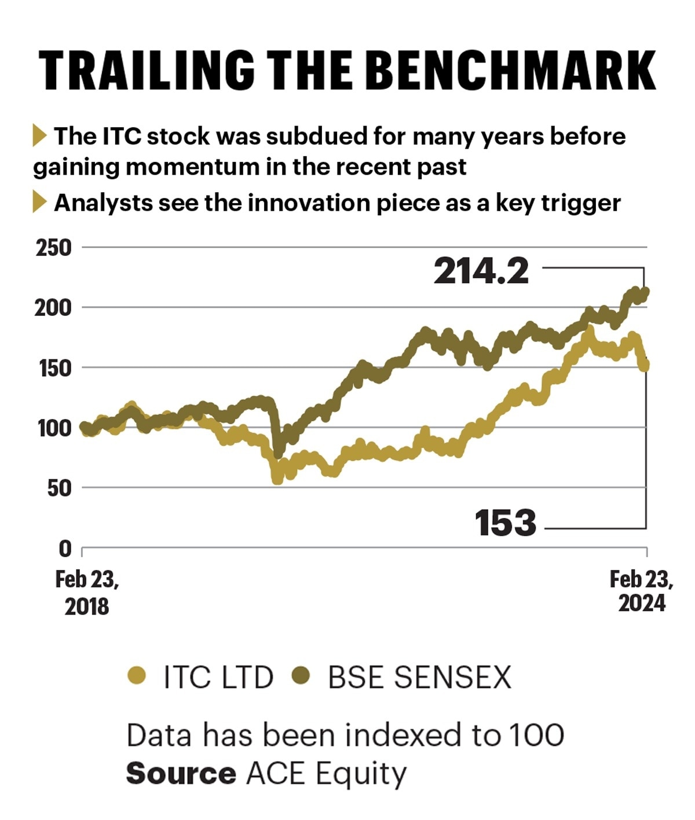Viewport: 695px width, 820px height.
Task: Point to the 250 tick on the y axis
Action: pos(53,248)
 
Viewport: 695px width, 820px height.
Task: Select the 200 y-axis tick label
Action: pos(53,308)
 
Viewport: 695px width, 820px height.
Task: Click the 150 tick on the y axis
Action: pos(53,368)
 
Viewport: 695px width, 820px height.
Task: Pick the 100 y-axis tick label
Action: pos(53,428)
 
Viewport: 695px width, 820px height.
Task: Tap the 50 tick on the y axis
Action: pos(58,488)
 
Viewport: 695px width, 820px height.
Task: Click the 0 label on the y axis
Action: pos(65,548)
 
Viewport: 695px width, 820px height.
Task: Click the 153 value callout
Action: pos(505,523)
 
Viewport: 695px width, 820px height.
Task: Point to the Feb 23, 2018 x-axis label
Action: pos(87,593)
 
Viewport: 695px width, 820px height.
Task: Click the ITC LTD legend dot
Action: pos(137,675)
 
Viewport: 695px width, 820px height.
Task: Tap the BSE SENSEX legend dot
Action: pos(301,675)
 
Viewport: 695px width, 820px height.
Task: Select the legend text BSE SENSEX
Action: pos(420,677)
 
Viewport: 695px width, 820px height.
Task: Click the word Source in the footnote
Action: pos(181,774)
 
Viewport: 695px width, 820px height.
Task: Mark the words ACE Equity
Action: pos(326,774)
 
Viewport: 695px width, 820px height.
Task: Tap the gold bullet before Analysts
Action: pos(39,202)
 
